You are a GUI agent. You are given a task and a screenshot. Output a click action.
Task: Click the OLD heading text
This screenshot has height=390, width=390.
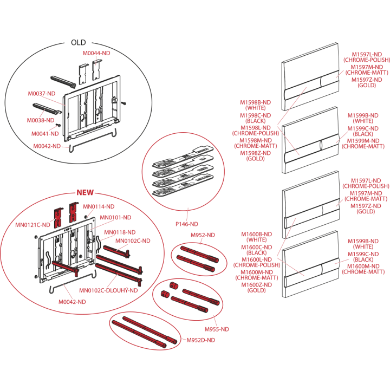[79, 43]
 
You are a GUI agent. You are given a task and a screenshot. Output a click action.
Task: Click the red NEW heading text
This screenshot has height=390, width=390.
[85, 192]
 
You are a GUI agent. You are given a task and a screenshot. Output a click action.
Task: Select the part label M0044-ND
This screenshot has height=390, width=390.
[96, 53]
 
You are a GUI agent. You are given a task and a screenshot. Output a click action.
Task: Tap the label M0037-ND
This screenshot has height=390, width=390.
[42, 94]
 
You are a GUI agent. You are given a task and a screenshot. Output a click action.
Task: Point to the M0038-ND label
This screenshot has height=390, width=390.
[41, 120]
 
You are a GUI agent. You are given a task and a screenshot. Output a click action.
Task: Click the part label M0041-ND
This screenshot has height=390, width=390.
[45, 134]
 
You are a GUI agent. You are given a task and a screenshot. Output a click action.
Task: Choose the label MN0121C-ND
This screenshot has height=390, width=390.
[32, 225]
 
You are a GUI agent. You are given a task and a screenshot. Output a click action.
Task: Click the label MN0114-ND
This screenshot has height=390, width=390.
[99, 207]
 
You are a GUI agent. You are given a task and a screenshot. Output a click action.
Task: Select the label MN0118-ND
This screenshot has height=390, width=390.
[120, 232]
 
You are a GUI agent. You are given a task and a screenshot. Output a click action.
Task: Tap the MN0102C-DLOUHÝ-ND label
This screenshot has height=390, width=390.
[108, 290]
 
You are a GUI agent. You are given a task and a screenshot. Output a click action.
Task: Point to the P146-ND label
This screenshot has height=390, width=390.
[187, 224]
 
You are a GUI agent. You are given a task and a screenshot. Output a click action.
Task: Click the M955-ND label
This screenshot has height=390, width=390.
[217, 329]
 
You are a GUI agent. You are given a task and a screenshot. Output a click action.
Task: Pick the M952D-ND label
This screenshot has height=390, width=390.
[201, 340]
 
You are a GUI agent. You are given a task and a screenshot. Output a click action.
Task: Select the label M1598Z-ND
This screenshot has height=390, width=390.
[256, 153]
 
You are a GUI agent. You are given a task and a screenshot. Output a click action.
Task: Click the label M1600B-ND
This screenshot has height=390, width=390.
[257, 235]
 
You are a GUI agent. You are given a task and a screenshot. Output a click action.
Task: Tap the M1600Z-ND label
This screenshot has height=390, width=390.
[257, 285]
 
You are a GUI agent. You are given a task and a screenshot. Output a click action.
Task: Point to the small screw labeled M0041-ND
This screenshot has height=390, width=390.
[58, 125]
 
